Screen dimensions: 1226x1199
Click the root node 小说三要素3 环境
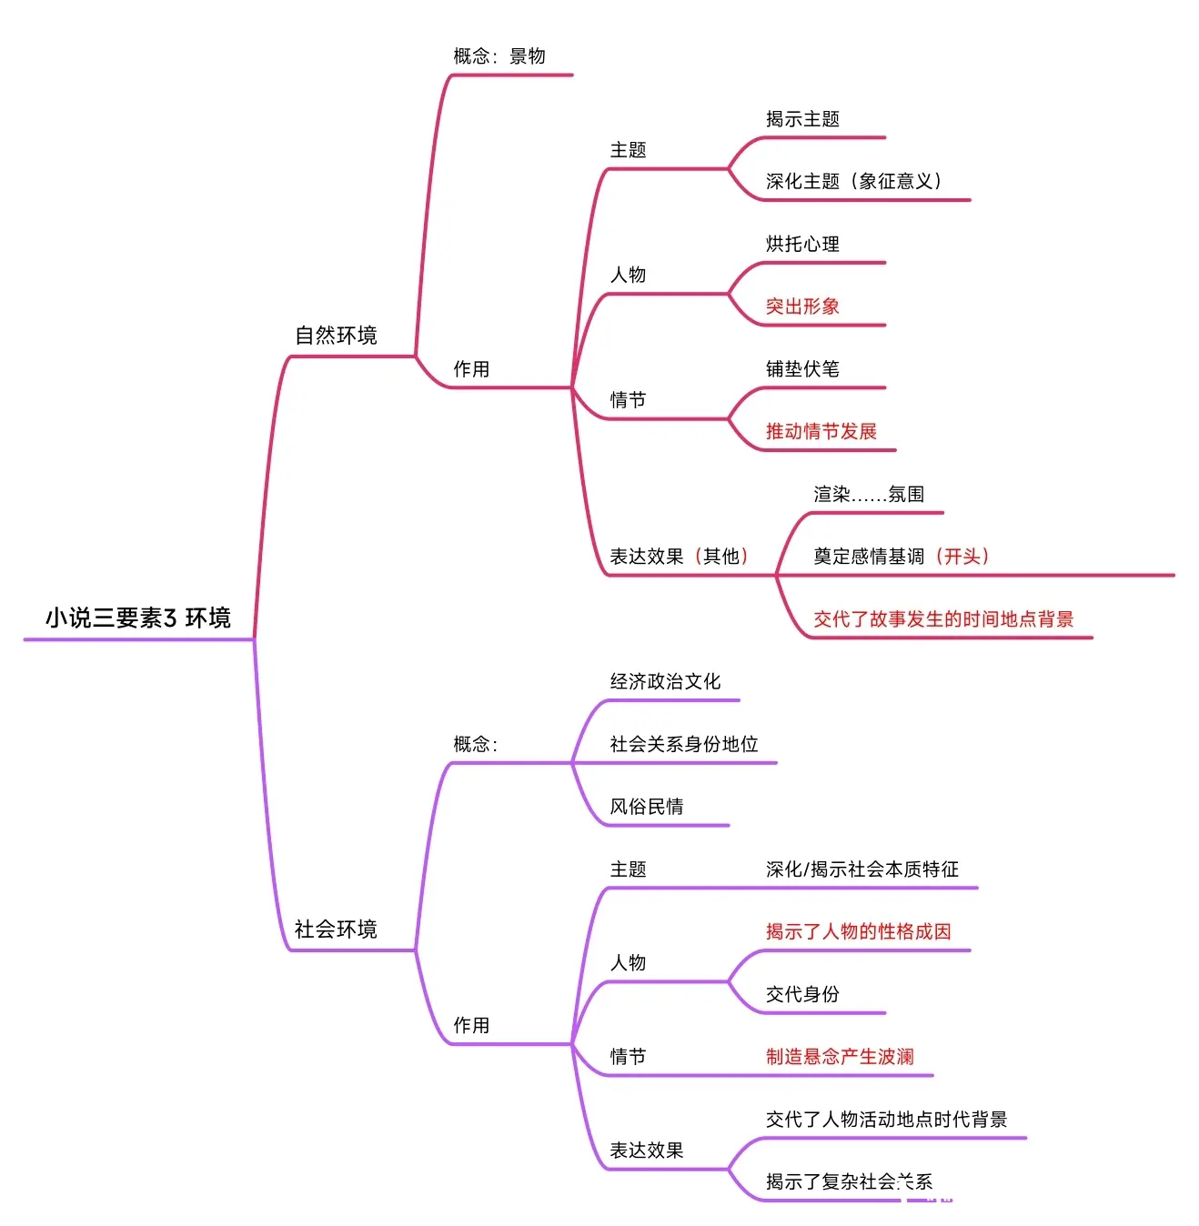(x=138, y=618)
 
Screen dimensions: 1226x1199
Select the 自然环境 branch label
(x=336, y=336)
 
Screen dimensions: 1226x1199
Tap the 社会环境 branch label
(x=336, y=930)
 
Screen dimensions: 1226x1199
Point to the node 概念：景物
(x=499, y=56)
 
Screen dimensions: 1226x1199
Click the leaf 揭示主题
(x=802, y=119)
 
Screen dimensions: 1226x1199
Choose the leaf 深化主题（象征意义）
(x=854, y=181)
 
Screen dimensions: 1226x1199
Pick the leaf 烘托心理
(x=802, y=244)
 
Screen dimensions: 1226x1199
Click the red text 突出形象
(x=802, y=306)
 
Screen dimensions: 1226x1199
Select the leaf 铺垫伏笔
(x=802, y=368)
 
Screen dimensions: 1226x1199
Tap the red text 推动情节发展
(x=821, y=431)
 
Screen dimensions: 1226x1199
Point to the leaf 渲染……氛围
(x=869, y=494)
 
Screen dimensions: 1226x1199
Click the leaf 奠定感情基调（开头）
(x=902, y=557)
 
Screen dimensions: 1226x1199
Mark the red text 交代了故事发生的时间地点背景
(x=943, y=619)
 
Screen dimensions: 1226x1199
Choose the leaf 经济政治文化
(x=665, y=681)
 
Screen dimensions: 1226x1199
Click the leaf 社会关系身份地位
(x=684, y=744)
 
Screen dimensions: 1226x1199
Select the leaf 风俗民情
(x=647, y=807)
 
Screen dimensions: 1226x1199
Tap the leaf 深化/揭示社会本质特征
(x=862, y=869)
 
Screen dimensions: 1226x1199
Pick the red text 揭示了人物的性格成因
(x=859, y=931)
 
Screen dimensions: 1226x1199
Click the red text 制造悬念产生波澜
(x=840, y=1057)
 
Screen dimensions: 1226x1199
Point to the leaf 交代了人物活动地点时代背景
(x=887, y=1120)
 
